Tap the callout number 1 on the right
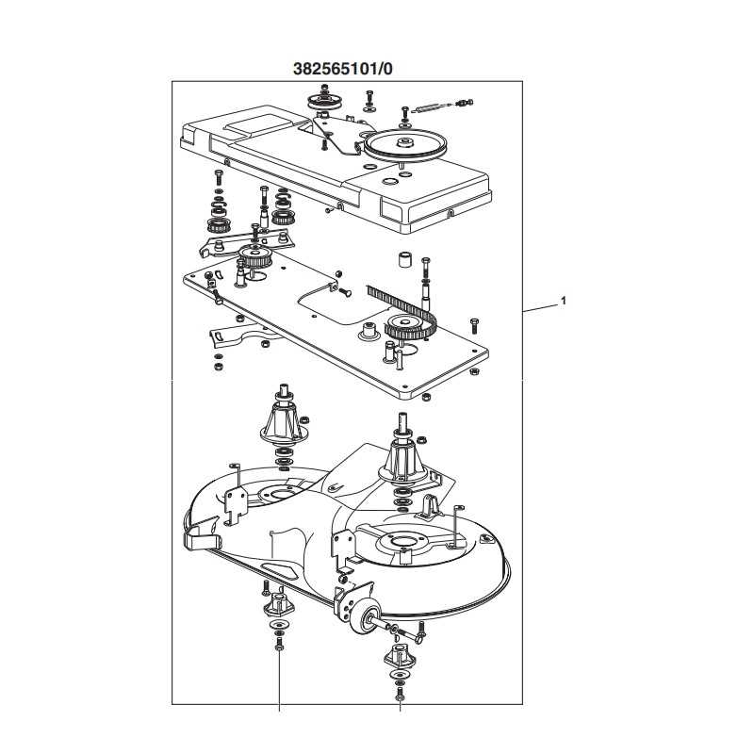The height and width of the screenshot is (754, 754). (563, 302)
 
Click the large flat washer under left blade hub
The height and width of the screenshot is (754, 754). (279, 626)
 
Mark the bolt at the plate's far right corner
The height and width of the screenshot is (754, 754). (474, 325)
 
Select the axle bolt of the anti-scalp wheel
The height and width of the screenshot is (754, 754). (396, 629)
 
